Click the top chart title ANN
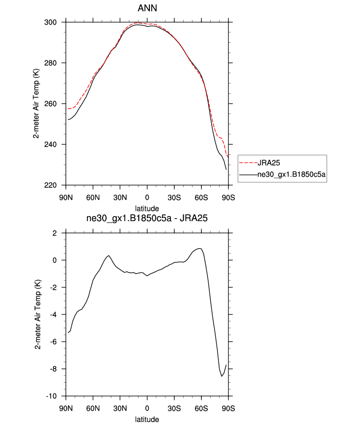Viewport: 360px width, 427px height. click(x=147, y=9)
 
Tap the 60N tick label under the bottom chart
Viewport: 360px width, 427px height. click(x=93, y=407)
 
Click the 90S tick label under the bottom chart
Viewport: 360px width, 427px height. click(x=228, y=407)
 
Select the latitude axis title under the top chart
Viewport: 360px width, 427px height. click(x=147, y=208)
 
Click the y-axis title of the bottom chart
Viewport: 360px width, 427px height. click(x=37, y=314)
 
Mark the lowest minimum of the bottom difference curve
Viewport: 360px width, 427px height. click(x=222, y=376)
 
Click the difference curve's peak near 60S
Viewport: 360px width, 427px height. click(x=199, y=248)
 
